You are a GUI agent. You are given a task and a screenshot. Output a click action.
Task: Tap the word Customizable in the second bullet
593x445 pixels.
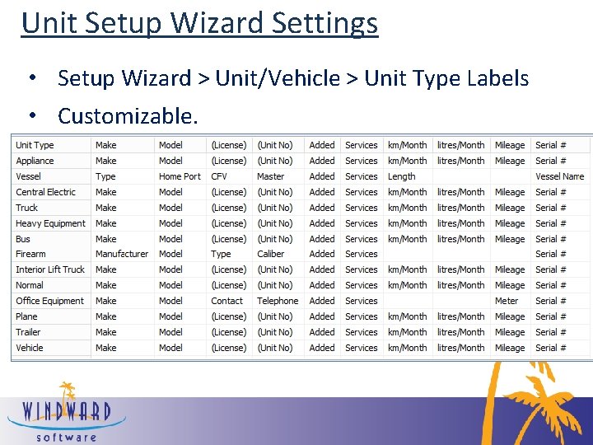point(128,116)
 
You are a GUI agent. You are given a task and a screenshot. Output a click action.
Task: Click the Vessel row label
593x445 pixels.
point(28,176)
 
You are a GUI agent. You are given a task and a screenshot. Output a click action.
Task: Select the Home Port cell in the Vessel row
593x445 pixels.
point(180,176)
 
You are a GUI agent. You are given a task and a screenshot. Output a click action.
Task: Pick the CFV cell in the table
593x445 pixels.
point(219,176)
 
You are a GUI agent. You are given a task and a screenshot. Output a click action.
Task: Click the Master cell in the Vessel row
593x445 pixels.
point(270,176)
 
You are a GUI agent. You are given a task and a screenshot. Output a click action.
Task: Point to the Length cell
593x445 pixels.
point(402,176)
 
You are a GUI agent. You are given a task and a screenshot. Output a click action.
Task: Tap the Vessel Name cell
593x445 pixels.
point(559,176)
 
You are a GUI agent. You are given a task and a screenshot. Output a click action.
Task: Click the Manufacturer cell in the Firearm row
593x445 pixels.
point(122,254)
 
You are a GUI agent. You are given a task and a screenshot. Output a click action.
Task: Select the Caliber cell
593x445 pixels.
point(270,254)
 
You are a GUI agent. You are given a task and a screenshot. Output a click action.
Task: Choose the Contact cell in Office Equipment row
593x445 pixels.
point(227,301)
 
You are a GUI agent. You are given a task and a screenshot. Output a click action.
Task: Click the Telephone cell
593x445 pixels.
point(278,301)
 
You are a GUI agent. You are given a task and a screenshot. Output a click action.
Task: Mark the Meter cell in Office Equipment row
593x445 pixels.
point(507,301)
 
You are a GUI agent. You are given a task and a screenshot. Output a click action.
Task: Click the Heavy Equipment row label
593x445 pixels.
point(50,223)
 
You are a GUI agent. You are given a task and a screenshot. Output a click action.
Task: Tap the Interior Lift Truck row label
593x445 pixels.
point(50,269)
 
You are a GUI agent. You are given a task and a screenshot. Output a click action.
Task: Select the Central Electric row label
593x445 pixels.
point(45,192)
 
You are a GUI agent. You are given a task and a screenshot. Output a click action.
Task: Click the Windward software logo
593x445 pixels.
point(66,412)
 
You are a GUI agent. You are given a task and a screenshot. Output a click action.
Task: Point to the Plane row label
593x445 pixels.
point(26,316)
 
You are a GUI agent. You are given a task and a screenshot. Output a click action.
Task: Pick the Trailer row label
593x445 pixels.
point(28,332)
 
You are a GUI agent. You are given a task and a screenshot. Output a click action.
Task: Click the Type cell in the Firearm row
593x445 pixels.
point(221,254)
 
